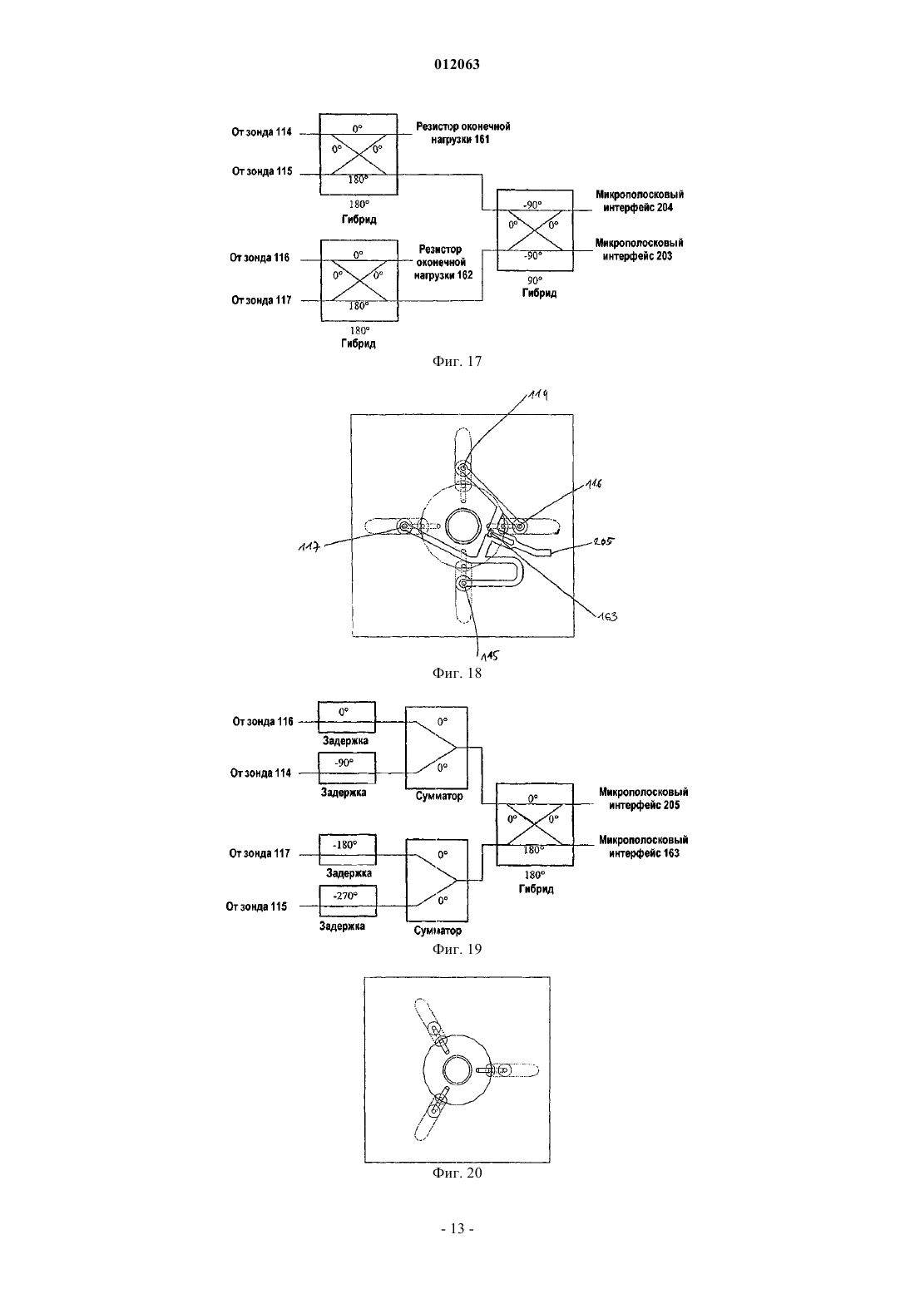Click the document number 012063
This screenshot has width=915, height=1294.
point(457,64)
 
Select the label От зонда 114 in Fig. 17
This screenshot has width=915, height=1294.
point(262,132)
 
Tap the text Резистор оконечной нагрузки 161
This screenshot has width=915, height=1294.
point(462,133)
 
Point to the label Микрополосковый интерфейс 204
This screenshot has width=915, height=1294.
point(639,201)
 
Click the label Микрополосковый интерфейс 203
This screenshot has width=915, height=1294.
point(639,249)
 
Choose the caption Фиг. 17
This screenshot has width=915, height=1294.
point(457,362)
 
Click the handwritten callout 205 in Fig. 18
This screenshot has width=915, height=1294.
point(604,541)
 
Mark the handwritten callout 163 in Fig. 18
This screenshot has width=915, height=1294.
point(608,616)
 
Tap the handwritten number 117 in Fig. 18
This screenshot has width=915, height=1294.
point(309,546)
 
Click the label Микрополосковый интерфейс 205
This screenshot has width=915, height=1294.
point(644,798)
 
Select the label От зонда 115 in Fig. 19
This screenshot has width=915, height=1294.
point(256,906)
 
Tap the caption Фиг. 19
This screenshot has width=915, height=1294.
point(457,949)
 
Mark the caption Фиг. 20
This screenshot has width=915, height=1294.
point(457,1172)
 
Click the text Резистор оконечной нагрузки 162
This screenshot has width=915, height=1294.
point(443,262)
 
